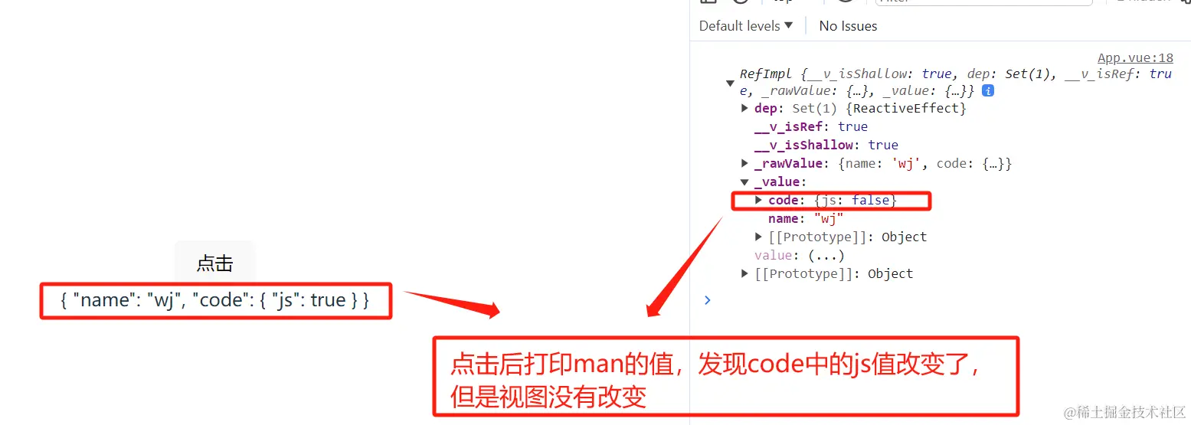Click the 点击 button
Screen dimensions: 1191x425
coord(214,263)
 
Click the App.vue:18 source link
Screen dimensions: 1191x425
coord(1135,58)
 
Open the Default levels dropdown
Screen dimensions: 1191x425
coord(745,26)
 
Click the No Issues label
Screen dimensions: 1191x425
coord(848,26)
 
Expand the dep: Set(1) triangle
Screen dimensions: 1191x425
coord(744,108)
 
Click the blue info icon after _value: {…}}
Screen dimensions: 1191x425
coord(988,90)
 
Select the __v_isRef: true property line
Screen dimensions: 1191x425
coord(810,126)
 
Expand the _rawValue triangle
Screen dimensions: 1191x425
coord(744,163)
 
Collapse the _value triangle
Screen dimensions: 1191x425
coord(744,182)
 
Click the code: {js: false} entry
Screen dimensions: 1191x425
coord(832,200)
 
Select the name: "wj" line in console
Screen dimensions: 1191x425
coord(805,219)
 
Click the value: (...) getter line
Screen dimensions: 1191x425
coord(799,255)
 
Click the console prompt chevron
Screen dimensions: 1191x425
coord(707,300)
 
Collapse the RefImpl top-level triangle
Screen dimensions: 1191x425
coord(730,83)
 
